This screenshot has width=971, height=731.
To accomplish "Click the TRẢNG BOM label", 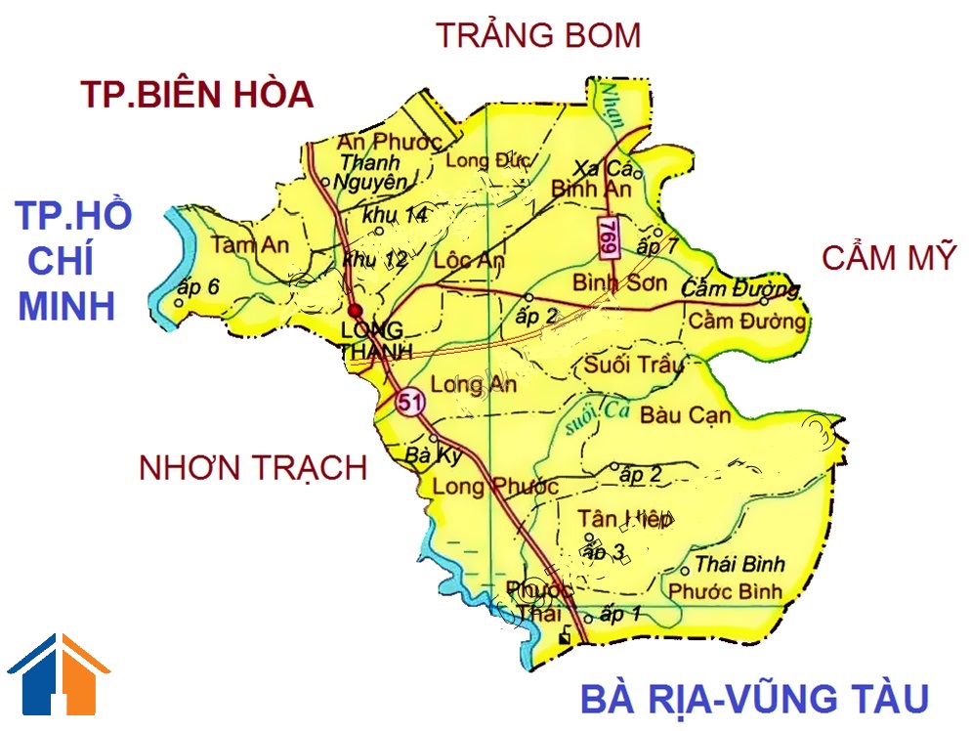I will (538, 35).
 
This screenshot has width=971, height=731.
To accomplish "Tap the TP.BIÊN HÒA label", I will (196, 95).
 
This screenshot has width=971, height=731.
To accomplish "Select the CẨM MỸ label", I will (888, 259).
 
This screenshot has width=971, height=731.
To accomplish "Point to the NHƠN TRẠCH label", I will (253, 468).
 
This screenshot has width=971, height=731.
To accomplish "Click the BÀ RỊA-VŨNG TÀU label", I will (753, 699).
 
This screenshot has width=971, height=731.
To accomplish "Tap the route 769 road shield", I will (609, 238).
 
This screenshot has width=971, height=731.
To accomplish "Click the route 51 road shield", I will (409, 401).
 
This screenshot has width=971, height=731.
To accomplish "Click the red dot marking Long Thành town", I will (355, 311).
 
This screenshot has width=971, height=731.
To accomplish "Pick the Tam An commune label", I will (250, 245).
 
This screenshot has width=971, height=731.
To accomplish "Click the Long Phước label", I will (495, 486).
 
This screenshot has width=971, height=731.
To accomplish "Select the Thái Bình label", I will (739, 565).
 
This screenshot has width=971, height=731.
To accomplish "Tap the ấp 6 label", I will (200, 286).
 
